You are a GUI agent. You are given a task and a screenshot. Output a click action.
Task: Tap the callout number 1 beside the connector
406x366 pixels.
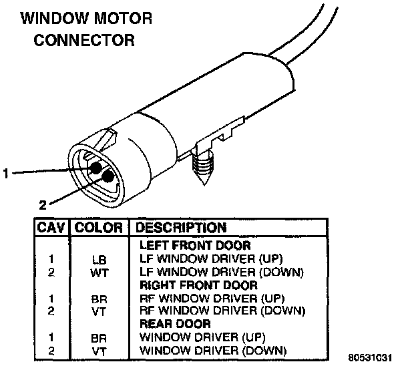coord(6,173)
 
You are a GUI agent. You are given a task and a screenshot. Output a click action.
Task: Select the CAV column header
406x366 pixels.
coord(51,228)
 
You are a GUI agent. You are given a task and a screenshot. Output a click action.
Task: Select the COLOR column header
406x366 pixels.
coord(98,228)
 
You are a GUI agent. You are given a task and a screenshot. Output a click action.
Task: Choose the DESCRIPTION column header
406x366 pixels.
coord(182,228)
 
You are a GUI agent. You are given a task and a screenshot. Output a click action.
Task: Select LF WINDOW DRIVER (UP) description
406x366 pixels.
coord(202,258)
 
